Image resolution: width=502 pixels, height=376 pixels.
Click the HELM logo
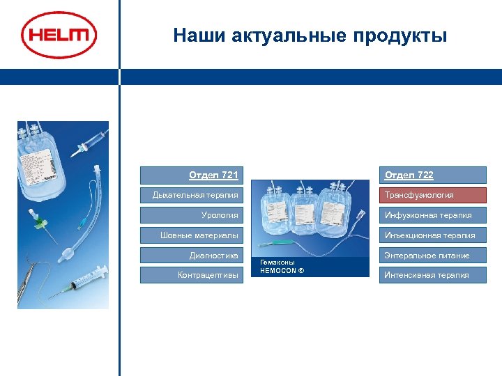[59, 35]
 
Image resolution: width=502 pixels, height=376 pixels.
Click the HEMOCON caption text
[282, 267]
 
